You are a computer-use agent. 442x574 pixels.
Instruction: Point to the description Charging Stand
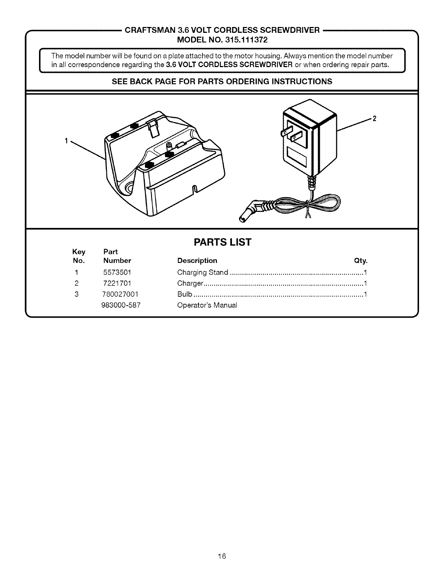[x=202, y=272]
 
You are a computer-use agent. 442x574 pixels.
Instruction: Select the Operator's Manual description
[x=207, y=305]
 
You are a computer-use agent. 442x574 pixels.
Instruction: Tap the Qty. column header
[x=361, y=261]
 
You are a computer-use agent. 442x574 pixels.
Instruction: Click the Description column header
[x=197, y=261]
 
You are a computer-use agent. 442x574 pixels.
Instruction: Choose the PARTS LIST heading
[x=222, y=242]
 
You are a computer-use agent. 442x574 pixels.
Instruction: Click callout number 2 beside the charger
[x=374, y=118]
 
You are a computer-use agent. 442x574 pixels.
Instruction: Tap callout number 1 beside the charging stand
[x=66, y=141]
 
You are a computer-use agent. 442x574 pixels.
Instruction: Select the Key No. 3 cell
[x=77, y=294]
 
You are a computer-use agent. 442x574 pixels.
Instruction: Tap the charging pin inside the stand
[x=169, y=147]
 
